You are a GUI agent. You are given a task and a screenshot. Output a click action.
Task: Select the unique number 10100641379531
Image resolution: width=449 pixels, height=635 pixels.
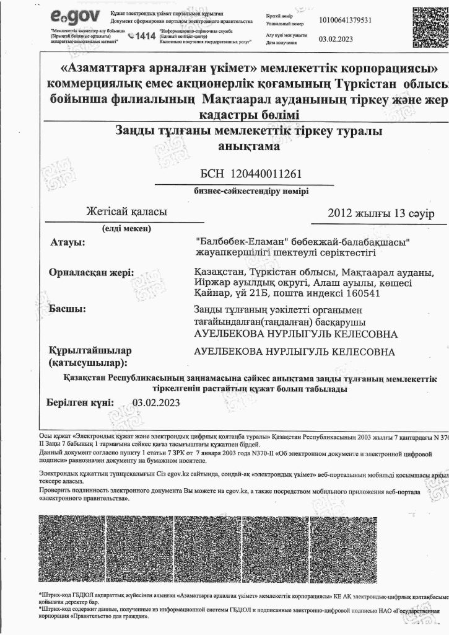345,20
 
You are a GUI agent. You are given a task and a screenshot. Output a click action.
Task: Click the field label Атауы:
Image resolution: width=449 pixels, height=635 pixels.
66,241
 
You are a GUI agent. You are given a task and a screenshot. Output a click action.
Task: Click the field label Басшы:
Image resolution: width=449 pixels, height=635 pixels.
67,309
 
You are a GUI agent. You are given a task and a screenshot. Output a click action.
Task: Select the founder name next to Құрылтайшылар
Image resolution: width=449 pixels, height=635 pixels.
294,352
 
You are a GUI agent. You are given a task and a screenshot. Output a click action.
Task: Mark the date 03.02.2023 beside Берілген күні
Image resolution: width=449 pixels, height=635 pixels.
156,402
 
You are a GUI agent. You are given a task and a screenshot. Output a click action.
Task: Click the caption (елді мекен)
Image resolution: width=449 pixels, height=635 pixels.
127,228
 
